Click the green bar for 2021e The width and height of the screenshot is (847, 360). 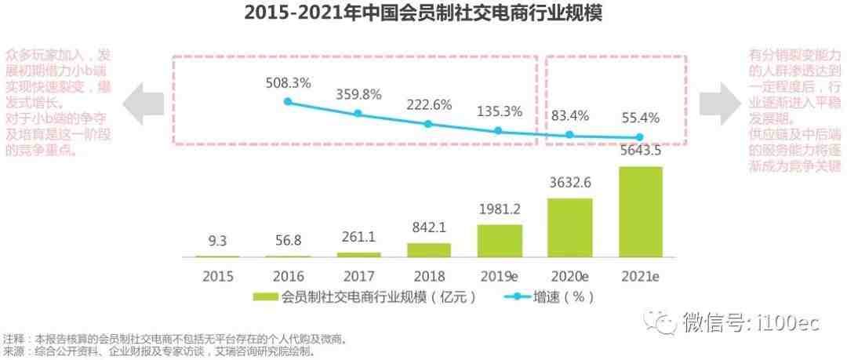point(640,212)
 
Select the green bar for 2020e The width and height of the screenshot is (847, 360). point(569,227)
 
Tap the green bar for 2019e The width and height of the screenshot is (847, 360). point(500,241)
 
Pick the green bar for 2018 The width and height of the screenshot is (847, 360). point(429,250)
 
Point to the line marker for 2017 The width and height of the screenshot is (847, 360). point(358,114)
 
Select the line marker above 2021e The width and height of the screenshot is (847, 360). point(640,137)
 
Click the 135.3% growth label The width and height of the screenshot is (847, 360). point(499,111)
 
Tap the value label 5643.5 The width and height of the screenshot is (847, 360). point(640,151)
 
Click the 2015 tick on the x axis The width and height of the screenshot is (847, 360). point(218,276)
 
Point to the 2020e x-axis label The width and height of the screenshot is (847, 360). point(569,276)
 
